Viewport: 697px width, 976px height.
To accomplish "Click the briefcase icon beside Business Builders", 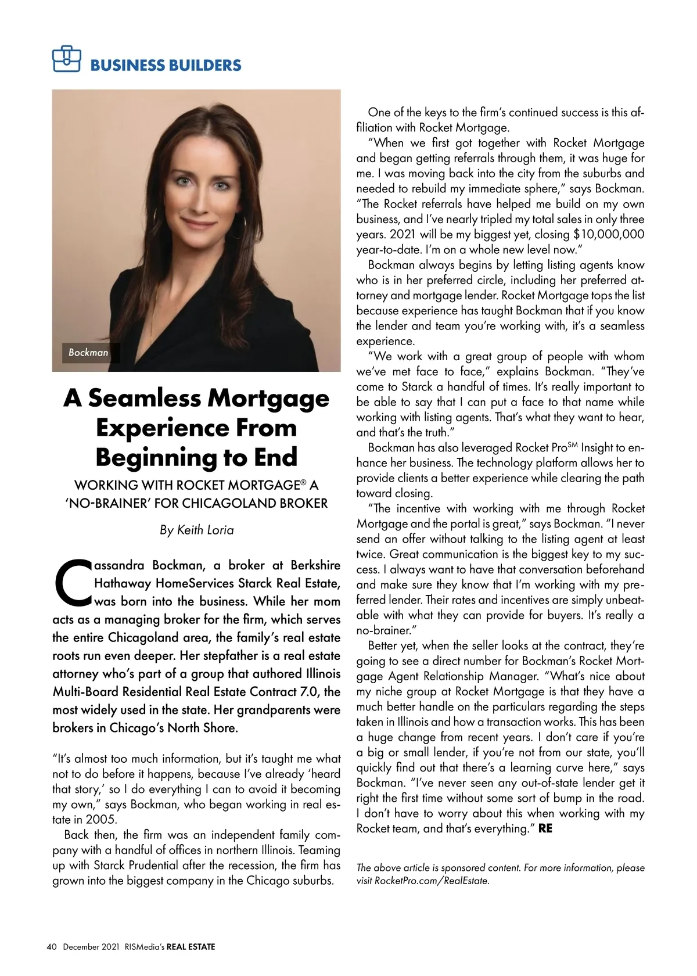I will click(x=66, y=59).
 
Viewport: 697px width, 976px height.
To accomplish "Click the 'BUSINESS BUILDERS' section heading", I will click(x=166, y=65).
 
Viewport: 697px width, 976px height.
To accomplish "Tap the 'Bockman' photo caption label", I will click(x=88, y=353).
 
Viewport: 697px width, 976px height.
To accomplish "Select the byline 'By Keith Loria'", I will click(x=196, y=530).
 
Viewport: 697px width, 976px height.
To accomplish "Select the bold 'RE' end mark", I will click(x=545, y=828).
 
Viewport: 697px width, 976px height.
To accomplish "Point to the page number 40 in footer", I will click(x=51, y=947).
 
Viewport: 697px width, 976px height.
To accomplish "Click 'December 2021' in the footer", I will click(x=91, y=947).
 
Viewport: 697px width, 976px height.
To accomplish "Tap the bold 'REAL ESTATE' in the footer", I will click(x=191, y=947).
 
